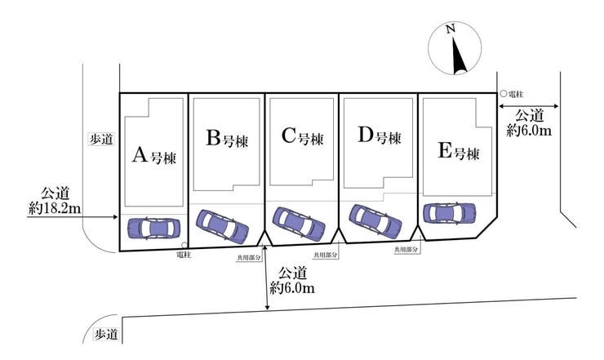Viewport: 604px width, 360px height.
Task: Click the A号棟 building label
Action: click(x=154, y=156)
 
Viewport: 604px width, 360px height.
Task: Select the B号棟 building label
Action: click(x=227, y=139)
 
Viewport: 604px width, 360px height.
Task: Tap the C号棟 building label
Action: click(x=302, y=136)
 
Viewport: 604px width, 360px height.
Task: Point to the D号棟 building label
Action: click(x=380, y=136)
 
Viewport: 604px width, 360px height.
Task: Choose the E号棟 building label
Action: click(x=459, y=151)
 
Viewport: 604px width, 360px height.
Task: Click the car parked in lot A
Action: click(x=153, y=229)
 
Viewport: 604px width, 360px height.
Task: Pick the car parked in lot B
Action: click(x=222, y=227)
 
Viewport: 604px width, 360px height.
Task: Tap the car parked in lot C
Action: click(x=299, y=224)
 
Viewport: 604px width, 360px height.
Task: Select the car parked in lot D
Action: click(x=375, y=221)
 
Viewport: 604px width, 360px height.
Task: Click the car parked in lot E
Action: click(x=450, y=213)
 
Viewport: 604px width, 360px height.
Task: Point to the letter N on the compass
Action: click(x=451, y=29)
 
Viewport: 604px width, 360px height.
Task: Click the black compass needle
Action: click(x=459, y=56)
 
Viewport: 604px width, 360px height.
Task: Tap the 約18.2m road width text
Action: click(x=55, y=209)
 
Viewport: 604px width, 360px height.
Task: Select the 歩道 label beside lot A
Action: click(x=102, y=139)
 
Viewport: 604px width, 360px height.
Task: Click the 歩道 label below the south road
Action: click(x=106, y=334)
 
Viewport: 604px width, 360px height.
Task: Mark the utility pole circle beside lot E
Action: click(x=503, y=94)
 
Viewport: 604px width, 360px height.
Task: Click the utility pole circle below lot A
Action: click(x=184, y=245)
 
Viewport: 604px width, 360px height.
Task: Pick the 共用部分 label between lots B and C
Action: click(x=249, y=258)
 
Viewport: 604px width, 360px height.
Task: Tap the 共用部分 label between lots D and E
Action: click(x=406, y=249)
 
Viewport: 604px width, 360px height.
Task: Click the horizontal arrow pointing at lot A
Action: click(x=72, y=217)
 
